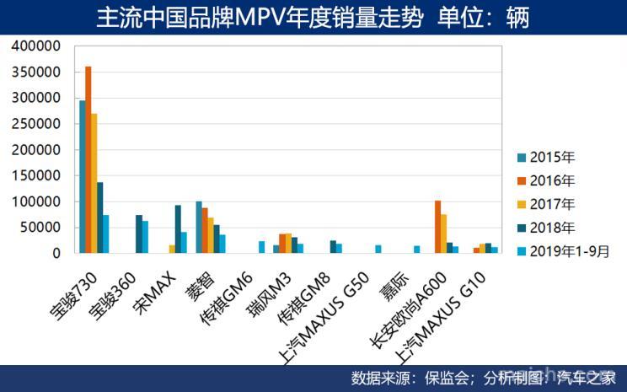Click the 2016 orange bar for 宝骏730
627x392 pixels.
pos(88,159)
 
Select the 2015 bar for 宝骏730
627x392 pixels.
pos(83,176)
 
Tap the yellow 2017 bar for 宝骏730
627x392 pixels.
pos(94,183)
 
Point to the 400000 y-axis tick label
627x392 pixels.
pos(36,46)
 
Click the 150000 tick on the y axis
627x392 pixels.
pos(36,175)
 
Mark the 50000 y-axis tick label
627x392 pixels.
pos(40,228)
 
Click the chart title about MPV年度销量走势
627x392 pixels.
pos(313,17)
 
